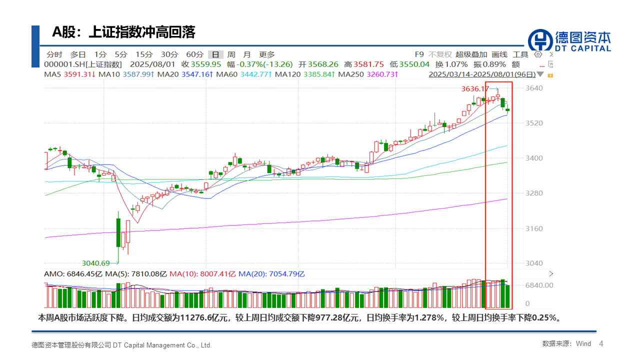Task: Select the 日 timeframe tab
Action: pyautogui.click(x=215, y=54)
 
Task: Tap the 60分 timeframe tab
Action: pyautogui.click(x=194, y=54)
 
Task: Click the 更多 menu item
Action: pyautogui.click(x=266, y=54)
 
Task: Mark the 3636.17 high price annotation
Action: pyautogui.click(x=475, y=89)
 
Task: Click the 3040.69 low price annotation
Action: pyautogui.click(x=96, y=263)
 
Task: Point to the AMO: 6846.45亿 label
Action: pyautogui.click(x=73, y=274)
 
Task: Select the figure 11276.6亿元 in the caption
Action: pyautogui.click(x=203, y=317)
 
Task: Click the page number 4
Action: pyautogui.click(x=601, y=343)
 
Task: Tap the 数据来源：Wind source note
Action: pyautogui.click(x=566, y=344)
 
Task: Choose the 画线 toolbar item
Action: pyautogui.click(x=499, y=54)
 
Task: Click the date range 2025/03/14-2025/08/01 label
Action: pyautogui.click(x=482, y=74)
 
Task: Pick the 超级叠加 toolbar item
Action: pyautogui.click(x=471, y=54)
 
